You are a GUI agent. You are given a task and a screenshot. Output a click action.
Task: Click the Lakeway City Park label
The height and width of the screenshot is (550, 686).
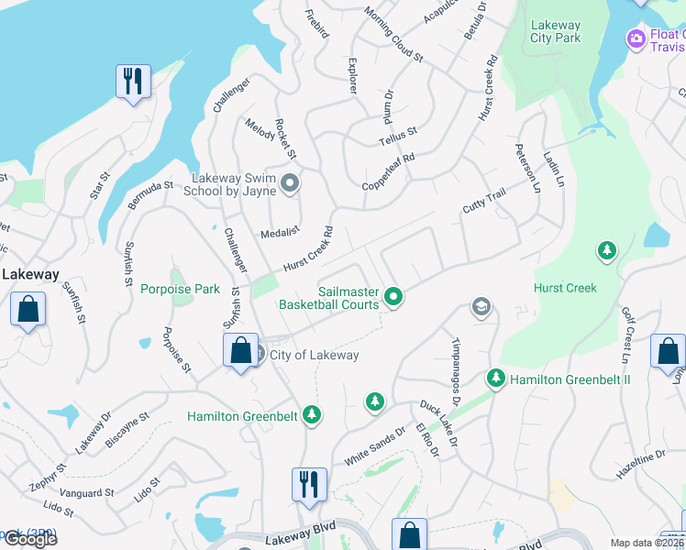point(555,32)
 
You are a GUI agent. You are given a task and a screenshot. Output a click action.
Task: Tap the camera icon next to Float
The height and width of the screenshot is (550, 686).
point(635,38)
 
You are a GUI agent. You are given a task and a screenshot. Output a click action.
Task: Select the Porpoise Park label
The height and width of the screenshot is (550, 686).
point(180,289)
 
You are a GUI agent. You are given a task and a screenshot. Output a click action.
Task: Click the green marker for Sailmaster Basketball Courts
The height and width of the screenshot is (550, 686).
point(393,295)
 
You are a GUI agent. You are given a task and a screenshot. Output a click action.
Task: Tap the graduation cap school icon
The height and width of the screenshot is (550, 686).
point(481,307)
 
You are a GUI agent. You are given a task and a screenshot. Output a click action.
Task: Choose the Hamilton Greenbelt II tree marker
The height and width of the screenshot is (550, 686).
point(496,378)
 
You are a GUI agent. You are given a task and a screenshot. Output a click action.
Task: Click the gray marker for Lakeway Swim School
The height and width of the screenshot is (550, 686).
point(291,185)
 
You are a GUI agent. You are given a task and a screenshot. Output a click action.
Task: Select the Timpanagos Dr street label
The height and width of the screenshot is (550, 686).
point(455,372)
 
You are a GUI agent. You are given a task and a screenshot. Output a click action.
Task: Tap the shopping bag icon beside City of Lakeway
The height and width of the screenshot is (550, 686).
point(239,351)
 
